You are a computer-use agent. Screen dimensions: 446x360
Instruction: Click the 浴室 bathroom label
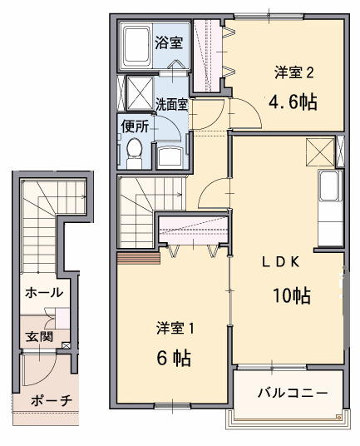point(170,43)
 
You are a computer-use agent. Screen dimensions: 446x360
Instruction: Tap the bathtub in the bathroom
point(136,47)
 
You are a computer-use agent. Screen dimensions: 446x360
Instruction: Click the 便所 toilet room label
point(135,126)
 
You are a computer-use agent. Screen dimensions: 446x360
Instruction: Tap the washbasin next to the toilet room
point(172,154)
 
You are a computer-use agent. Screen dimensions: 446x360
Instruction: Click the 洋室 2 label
point(293,72)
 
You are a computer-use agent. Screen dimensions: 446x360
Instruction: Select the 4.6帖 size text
point(292,102)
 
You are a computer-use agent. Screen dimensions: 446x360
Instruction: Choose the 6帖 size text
point(174,359)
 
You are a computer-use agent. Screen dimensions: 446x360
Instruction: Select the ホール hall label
point(45,293)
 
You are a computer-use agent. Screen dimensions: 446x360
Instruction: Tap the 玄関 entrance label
point(38,336)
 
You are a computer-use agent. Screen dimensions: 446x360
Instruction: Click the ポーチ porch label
point(52,400)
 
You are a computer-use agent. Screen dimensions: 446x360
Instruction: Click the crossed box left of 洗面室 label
point(138,91)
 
